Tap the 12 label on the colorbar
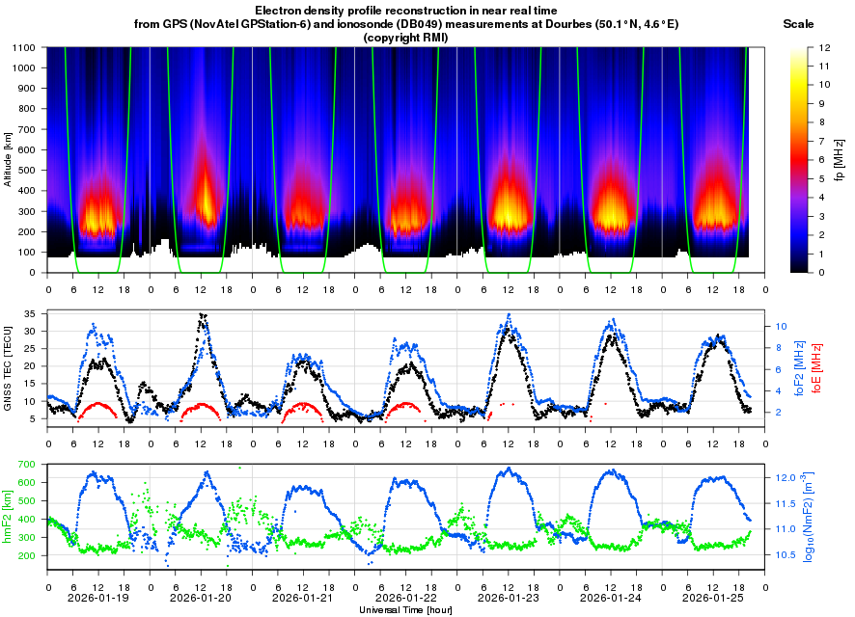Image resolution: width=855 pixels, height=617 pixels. (x=826, y=47)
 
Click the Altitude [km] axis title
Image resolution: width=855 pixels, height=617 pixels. (x=8, y=160)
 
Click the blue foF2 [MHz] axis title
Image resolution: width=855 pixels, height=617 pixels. (x=799, y=368)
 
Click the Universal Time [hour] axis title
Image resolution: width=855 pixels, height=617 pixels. (x=406, y=610)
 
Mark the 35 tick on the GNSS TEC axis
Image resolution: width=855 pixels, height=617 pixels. (x=29, y=314)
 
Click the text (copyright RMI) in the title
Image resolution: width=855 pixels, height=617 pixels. (x=406, y=37)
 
